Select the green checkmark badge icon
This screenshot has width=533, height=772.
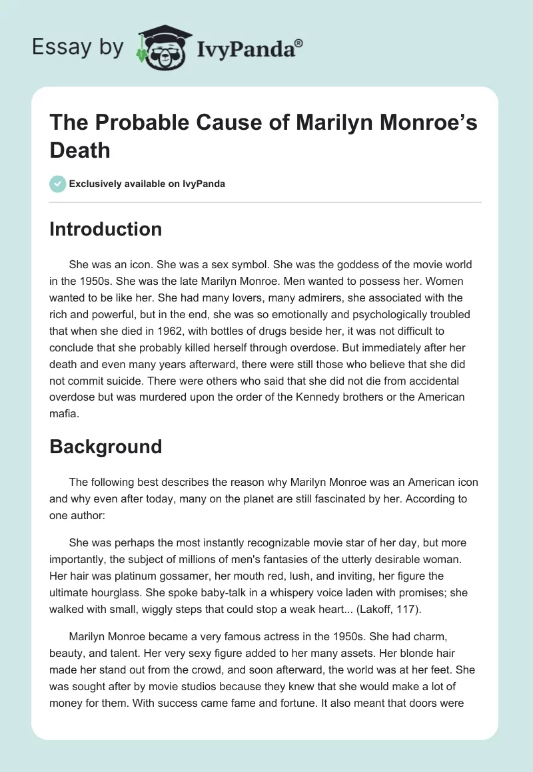coord(57,184)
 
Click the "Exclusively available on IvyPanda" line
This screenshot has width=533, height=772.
coord(147,184)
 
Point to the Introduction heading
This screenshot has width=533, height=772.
coord(106,229)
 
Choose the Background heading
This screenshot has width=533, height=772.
coord(106,446)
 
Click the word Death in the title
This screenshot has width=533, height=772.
coord(80,150)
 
